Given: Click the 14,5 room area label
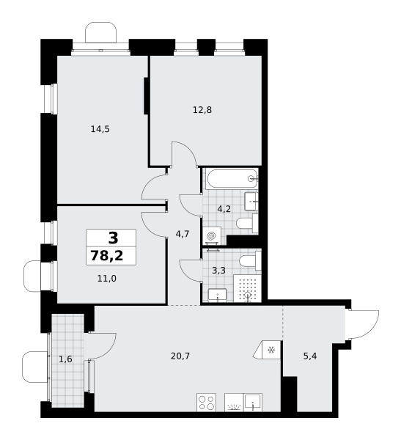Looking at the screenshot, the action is click(x=100, y=129).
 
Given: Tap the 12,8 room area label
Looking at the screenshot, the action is click(x=202, y=110).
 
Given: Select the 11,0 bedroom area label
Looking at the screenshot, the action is click(x=106, y=279).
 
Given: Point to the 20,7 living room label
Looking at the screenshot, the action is click(x=180, y=356).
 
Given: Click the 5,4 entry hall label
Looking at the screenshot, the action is click(x=310, y=356).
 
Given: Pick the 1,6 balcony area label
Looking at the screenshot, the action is click(x=65, y=359).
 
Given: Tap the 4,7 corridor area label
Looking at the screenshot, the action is click(x=182, y=234).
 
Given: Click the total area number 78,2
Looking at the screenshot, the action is click(x=106, y=256).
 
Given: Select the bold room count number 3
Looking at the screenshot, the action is click(x=113, y=238).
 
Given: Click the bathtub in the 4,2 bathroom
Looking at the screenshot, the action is click(x=232, y=179).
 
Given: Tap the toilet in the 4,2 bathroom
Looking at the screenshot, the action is click(x=247, y=224).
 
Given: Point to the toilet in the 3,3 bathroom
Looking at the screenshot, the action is click(x=250, y=260).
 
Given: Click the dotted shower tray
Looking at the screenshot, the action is click(x=248, y=288).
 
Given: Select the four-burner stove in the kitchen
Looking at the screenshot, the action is click(x=206, y=402).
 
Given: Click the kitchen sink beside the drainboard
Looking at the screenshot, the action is click(x=253, y=402).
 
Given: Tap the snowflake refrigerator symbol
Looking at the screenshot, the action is click(x=271, y=350).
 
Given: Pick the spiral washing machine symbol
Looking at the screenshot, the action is click(x=211, y=236).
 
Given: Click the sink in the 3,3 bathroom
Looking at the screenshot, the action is click(x=217, y=295).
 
